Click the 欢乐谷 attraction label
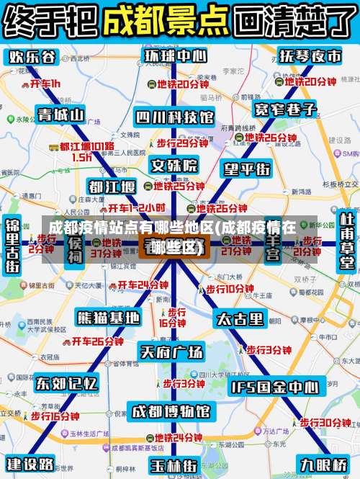32,57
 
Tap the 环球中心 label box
174,56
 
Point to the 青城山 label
60,114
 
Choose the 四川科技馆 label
174,117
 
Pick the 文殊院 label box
174,165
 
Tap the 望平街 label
247,169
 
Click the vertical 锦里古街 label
12,245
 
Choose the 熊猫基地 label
108,317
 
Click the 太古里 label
240,318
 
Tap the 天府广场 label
171,352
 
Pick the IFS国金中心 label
274,388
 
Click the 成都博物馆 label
173,411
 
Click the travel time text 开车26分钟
92,341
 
